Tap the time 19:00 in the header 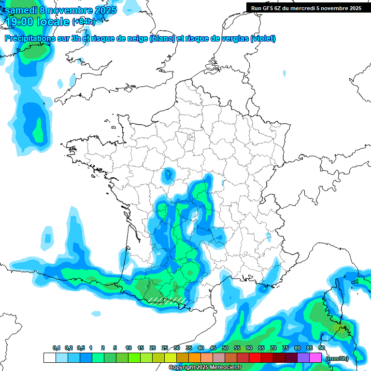pos(19,22)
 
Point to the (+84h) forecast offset pos(84,22)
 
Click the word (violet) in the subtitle pos(263,39)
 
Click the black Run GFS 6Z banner pos(306,8)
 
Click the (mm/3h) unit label pos(337,358)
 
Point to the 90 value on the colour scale pos(321,348)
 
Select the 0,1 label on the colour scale pos(57,348)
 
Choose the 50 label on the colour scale pos(225,348)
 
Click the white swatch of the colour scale pos(49,357)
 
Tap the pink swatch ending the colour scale pos(315,357)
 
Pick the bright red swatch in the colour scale pos(255,357)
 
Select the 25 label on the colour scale pos(165,348)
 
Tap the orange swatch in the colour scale pos(194,357)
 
